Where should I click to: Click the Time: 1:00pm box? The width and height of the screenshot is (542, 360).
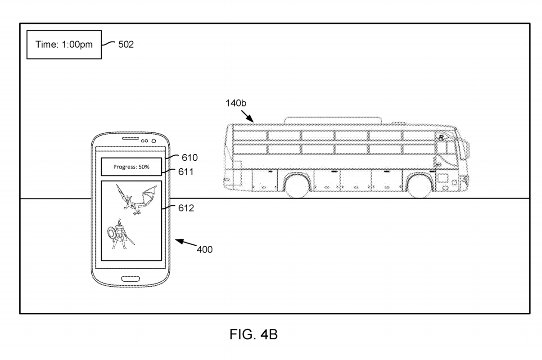coord(64,45)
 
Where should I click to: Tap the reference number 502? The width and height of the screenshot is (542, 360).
coord(126,44)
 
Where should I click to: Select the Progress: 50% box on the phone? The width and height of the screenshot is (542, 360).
coord(131,166)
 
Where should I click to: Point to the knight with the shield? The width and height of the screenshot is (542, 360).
coord(121,234)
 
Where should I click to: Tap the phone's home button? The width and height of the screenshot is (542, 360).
coord(131,279)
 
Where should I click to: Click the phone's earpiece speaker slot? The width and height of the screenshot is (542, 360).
coord(131,139)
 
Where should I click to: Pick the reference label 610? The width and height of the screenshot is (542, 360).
coord(190,158)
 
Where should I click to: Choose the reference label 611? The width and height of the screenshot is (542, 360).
coord(186,172)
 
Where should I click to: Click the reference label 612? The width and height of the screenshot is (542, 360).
coord(186,208)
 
